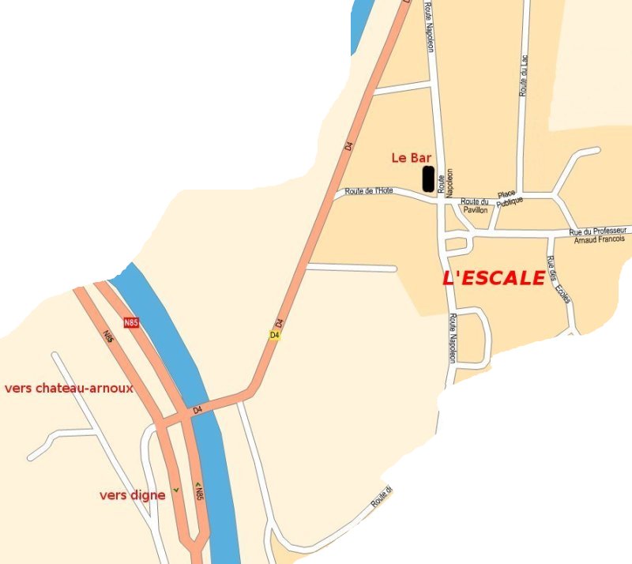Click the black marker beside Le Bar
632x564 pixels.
click(427, 179)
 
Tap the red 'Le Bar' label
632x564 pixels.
click(411, 157)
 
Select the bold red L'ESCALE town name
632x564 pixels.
click(494, 278)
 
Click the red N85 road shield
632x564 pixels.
click(131, 322)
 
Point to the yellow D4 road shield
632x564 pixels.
click(274, 335)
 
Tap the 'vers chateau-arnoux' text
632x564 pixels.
click(69, 389)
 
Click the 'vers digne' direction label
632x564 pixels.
click(133, 495)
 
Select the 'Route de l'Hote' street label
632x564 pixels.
click(369, 191)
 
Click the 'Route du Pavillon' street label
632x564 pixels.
click(475, 205)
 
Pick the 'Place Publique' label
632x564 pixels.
click(510, 198)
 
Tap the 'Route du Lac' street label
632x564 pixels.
click(523, 75)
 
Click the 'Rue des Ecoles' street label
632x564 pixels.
click(558, 280)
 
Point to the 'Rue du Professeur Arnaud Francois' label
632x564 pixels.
click(597, 235)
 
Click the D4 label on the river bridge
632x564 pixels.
click(197, 409)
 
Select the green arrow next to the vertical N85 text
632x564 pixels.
click(198, 484)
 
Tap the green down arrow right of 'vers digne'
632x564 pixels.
click(175, 490)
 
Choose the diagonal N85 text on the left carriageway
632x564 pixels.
click(108, 337)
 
